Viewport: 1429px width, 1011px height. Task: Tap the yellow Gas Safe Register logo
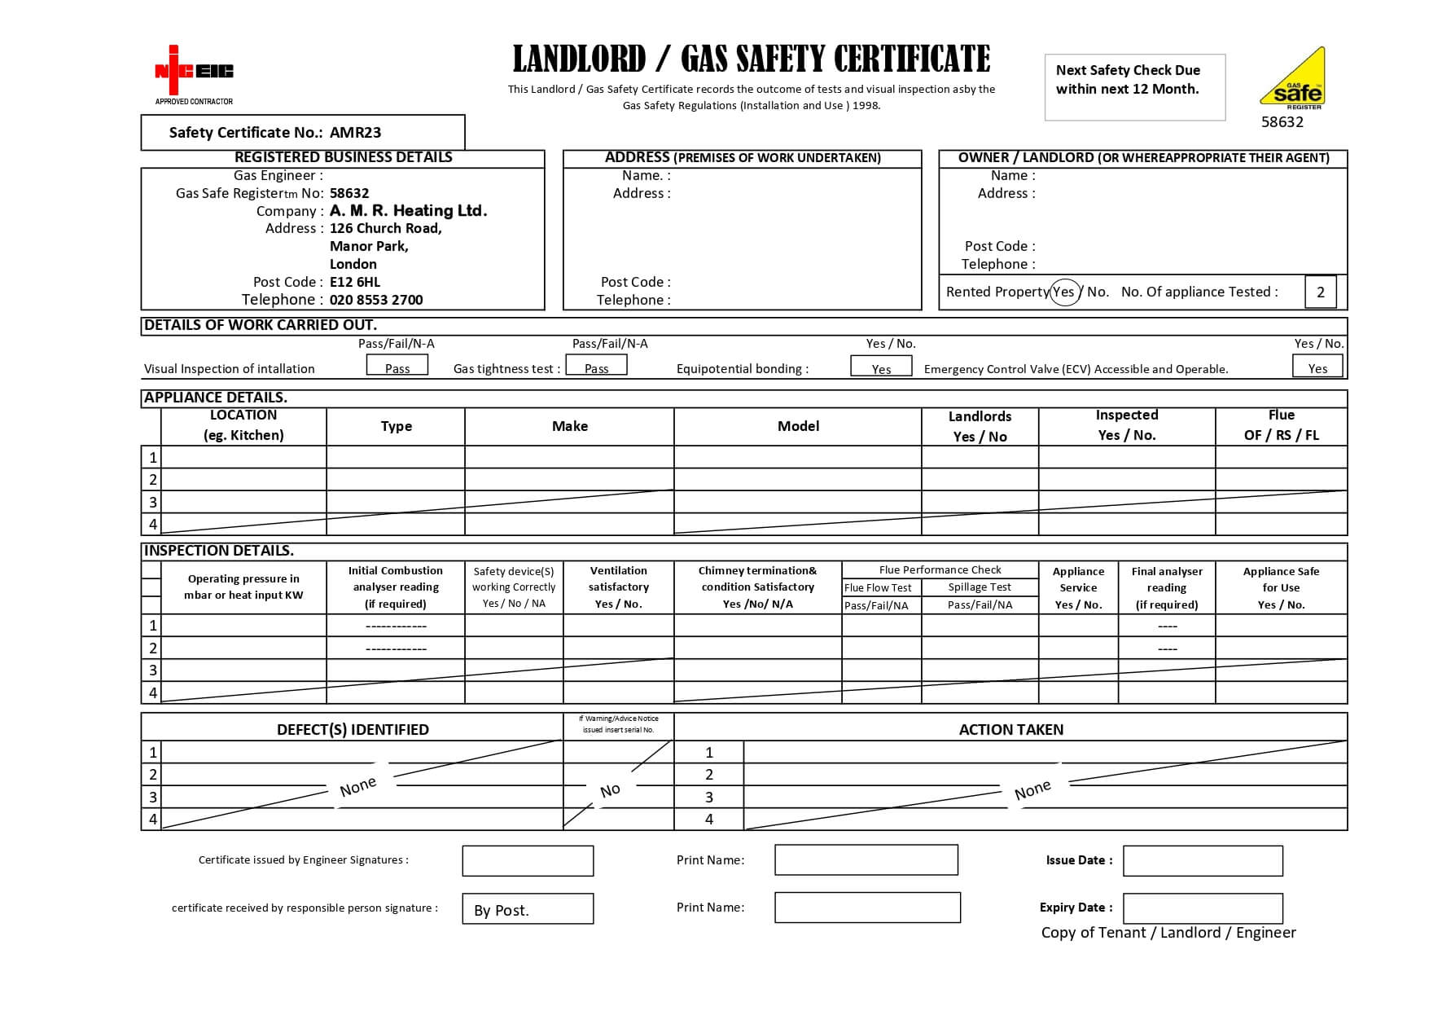(1293, 79)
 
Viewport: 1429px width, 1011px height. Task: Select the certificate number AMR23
(355, 133)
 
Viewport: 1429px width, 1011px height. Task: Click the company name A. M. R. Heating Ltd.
(408, 211)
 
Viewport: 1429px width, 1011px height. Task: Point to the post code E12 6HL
(355, 282)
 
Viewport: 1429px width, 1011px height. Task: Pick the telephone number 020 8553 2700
(376, 300)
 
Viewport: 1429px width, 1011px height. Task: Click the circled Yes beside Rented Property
(1064, 292)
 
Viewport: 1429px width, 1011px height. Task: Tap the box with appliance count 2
(1320, 292)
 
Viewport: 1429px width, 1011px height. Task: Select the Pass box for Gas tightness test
(596, 366)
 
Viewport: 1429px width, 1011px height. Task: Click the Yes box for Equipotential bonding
(881, 367)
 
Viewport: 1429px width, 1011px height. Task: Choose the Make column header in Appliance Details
(569, 426)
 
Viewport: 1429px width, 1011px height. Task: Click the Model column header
(798, 426)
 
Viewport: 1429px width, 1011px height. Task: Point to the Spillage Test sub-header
(980, 587)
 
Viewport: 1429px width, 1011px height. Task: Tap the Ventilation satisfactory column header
(619, 587)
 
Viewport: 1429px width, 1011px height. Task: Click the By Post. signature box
(528, 909)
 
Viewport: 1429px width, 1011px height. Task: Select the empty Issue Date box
(1203, 861)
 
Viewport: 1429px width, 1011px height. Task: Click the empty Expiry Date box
(1203, 908)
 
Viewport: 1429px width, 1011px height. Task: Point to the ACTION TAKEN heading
(1010, 730)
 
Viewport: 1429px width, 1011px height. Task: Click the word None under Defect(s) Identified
(358, 787)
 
